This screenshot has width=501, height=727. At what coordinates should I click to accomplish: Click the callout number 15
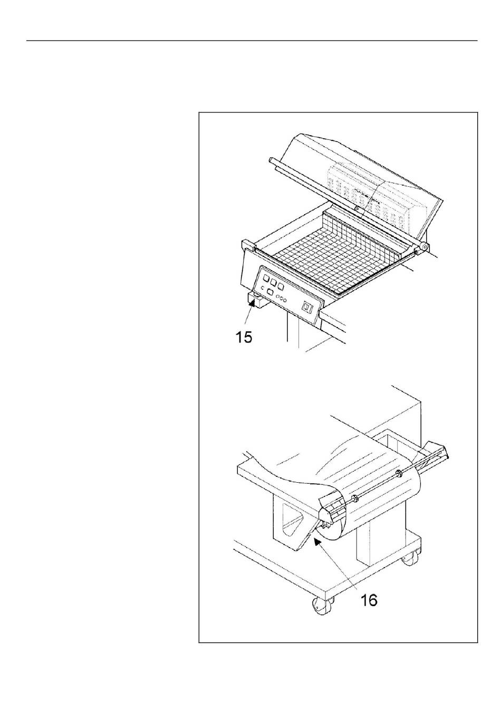[x=244, y=336]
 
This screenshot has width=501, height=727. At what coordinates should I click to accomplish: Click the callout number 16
[x=369, y=599]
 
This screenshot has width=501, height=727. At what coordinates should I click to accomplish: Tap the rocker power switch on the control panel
[x=305, y=306]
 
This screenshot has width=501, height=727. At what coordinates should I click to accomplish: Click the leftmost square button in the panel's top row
[x=265, y=279]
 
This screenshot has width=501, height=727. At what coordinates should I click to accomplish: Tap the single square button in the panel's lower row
[x=269, y=292]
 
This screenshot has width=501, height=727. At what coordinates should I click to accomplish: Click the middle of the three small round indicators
[x=282, y=298]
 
